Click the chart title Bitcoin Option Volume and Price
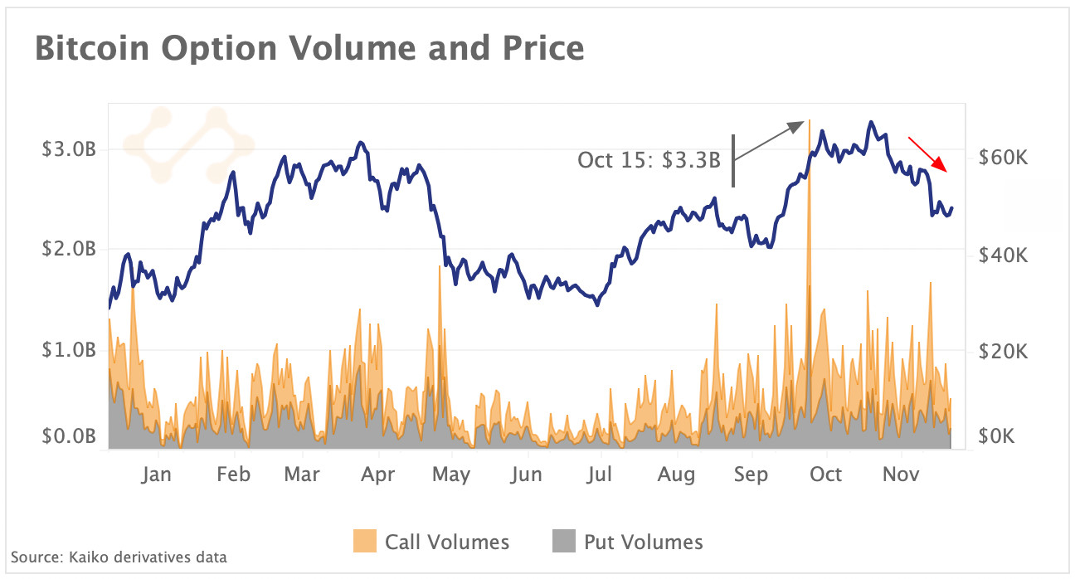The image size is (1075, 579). pos(309,49)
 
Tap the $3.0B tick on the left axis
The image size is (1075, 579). pos(71,150)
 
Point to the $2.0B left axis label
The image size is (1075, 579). pos(71,249)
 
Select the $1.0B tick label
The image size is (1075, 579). pos(71,349)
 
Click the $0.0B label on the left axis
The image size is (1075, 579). pos(71,437)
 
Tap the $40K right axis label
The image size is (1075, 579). pos(1004,255)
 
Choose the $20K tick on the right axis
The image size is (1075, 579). pos(1004,352)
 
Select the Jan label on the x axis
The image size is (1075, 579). pos(156,474)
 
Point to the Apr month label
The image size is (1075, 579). pos(379,474)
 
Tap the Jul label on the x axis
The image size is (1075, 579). pos(599,474)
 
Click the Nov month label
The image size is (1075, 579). pos(901,474)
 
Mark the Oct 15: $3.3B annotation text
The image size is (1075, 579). pos(649,160)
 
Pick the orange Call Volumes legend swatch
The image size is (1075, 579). pos(364,543)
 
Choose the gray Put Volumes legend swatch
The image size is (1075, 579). pos(563,543)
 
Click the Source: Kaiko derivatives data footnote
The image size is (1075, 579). pos(119,557)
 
